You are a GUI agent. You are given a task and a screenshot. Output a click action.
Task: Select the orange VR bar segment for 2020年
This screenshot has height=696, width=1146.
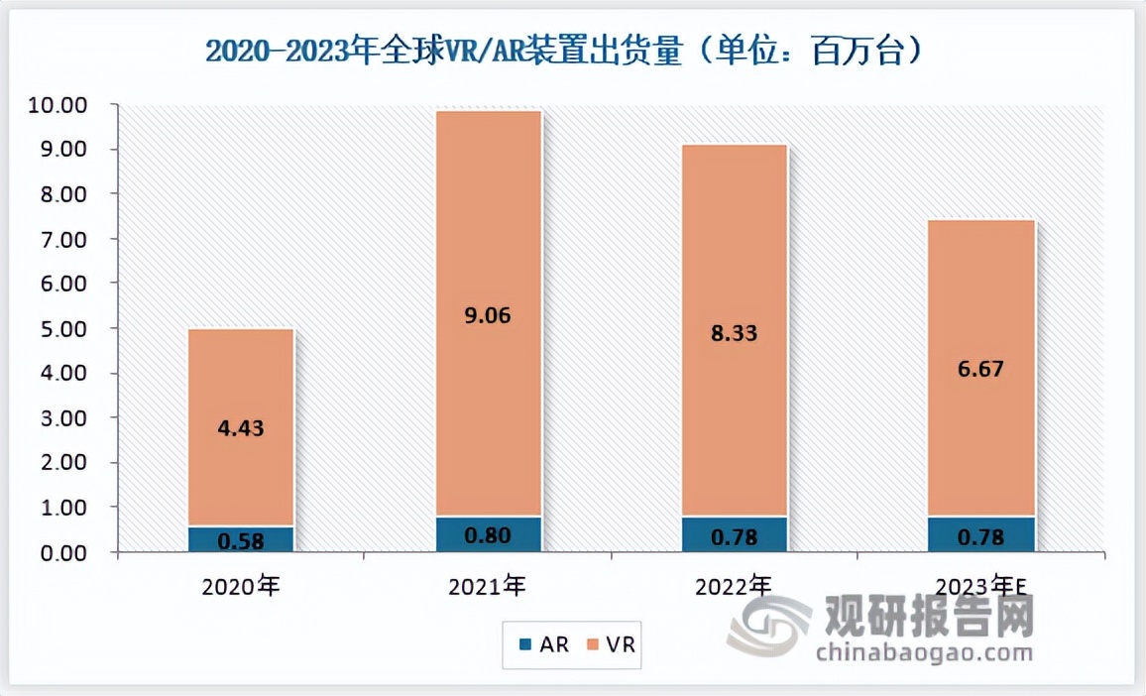point(241,466)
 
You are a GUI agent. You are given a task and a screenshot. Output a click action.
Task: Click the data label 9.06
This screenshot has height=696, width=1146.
point(488,316)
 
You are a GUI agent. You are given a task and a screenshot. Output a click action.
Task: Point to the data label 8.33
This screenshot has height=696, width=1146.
point(735,334)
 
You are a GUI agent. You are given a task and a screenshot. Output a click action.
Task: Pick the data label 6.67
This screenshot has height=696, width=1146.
point(981,370)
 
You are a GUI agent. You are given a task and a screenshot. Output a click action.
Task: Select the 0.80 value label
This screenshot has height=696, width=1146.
point(488,536)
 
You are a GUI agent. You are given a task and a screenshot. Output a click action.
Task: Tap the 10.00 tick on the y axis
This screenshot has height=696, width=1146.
point(60,105)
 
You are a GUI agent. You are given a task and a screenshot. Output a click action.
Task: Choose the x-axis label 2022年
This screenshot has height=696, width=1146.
point(735,586)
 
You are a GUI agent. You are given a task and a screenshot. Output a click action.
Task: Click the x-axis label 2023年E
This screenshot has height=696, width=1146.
point(981,586)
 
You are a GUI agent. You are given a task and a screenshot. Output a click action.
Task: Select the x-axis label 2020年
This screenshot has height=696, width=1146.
point(241,586)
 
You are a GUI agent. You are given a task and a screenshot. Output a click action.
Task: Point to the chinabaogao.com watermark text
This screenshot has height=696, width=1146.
point(922,652)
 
